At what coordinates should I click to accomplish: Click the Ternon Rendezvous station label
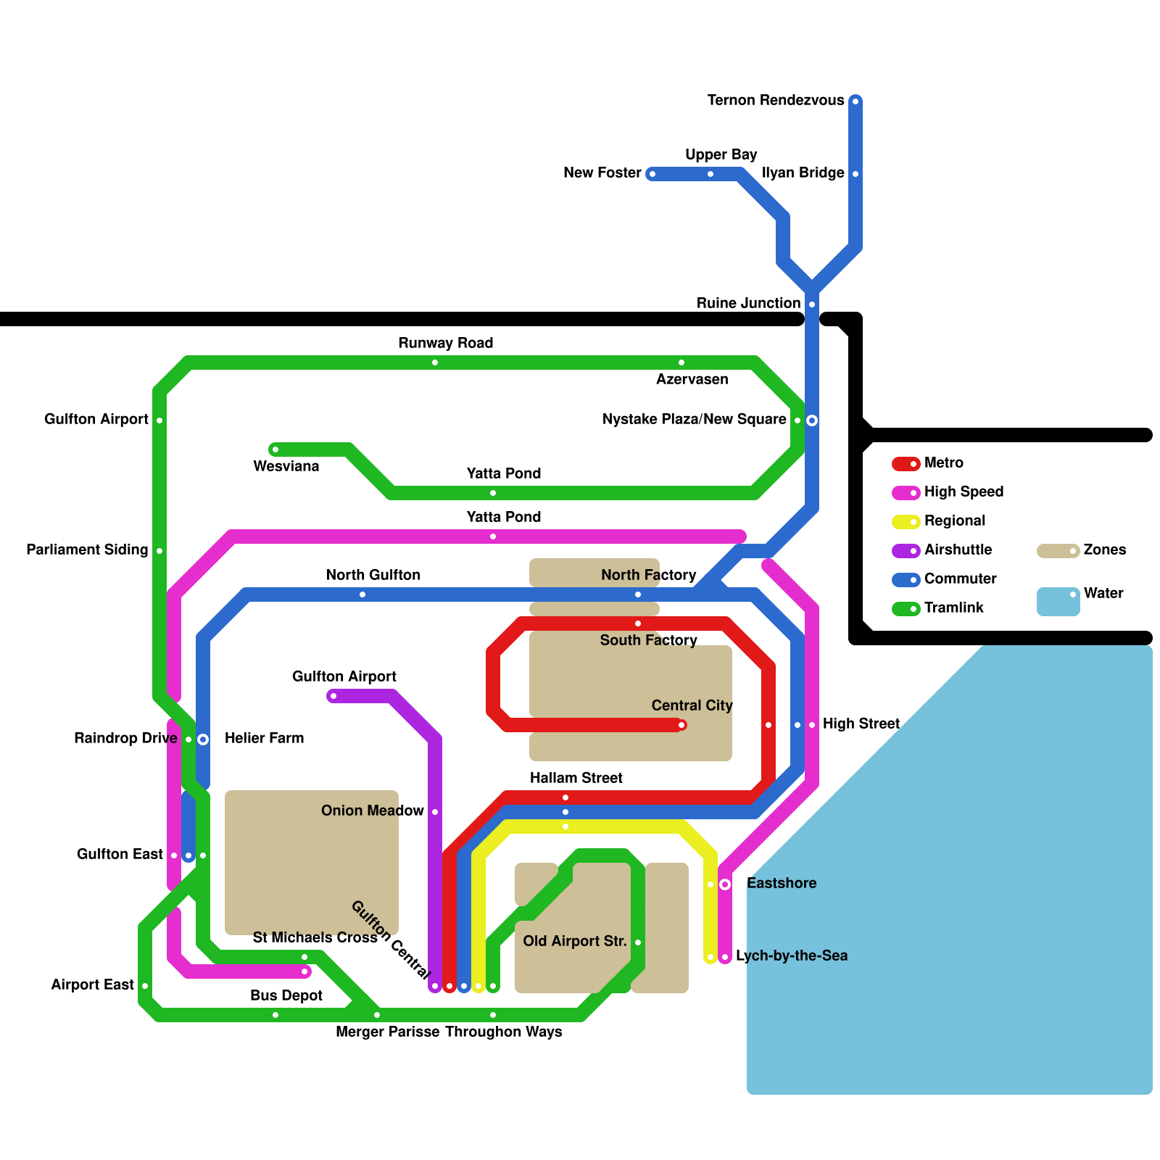776,100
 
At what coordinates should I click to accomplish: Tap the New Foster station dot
652,174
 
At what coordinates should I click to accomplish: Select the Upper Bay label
721,154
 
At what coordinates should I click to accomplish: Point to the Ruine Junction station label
748,303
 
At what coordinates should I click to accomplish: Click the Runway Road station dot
435,362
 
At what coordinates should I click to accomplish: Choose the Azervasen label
692,379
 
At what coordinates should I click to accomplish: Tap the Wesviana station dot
275,449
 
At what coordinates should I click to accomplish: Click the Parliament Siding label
87,550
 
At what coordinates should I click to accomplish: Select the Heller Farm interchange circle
203,739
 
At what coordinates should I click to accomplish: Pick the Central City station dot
681,725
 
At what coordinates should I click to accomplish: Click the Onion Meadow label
372,811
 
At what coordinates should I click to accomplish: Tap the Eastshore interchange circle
725,884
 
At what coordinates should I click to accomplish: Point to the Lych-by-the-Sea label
791,956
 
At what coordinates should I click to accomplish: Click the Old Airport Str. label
575,941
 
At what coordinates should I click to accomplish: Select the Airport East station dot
145,986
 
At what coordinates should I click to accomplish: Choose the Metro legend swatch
906,464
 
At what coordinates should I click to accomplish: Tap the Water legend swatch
1058,602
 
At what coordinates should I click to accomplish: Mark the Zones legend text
1104,550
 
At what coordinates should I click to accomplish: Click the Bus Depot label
286,995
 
